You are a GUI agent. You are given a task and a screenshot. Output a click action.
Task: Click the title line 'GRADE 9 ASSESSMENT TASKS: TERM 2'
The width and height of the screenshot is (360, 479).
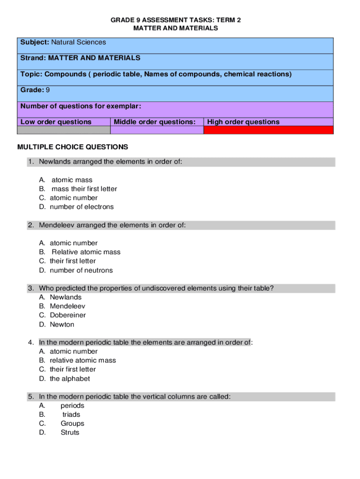(x=175, y=21)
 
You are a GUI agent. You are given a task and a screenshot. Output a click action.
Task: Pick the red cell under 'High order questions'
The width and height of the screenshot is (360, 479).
(x=268, y=130)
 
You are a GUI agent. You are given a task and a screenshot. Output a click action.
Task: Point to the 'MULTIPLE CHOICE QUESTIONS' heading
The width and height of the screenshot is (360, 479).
(x=72, y=147)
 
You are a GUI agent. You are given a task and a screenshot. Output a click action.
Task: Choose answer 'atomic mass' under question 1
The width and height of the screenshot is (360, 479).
(x=72, y=180)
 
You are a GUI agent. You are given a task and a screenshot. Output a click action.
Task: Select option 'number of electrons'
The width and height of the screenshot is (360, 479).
(x=82, y=207)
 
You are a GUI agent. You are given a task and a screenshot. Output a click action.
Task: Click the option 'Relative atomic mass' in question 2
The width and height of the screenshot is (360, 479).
(x=86, y=252)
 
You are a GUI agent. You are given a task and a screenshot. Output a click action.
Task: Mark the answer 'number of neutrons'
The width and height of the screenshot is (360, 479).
(x=81, y=270)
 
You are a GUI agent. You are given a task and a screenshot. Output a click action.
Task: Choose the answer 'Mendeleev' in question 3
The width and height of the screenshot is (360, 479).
(x=67, y=306)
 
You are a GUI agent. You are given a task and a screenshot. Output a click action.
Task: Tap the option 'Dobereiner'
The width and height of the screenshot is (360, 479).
(x=68, y=315)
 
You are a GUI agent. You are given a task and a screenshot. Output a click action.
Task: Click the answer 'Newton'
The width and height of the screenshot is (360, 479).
(x=62, y=325)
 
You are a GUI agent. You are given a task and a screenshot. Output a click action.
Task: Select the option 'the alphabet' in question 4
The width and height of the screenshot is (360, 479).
(x=70, y=379)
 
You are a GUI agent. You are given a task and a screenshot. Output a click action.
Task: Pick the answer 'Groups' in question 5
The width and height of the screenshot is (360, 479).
(x=72, y=424)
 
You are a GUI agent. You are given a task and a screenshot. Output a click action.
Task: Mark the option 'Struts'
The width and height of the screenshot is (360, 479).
(x=70, y=433)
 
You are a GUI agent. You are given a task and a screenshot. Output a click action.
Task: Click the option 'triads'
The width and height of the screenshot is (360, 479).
(x=72, y=415)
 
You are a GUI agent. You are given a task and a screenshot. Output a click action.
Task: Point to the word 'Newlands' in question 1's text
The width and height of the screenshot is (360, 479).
(x=54, y=162)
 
